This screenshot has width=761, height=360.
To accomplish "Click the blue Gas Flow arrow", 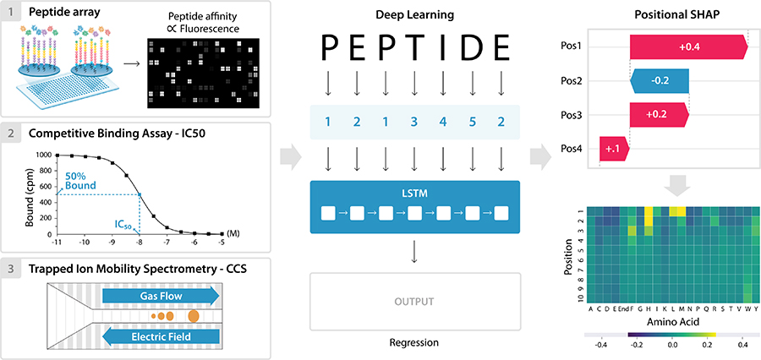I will coord(160,295).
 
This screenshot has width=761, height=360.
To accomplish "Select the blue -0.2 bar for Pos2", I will coord(660,81).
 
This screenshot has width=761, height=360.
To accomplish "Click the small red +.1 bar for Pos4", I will coord(613,149).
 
